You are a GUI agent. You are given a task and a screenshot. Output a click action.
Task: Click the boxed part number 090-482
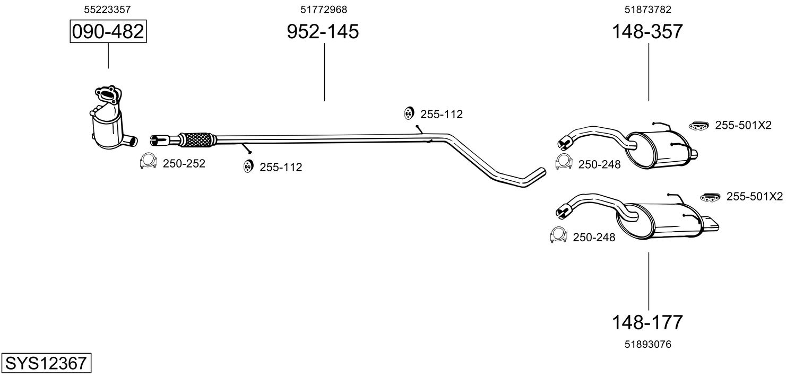[108, 32]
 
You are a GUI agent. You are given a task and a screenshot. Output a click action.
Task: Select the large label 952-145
[323, 32]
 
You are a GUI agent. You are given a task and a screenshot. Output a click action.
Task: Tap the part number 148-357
[647, 32]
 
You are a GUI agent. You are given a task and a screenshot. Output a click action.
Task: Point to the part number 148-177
[647, 322]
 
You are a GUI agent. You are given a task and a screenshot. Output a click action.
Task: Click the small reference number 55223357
[108, 9]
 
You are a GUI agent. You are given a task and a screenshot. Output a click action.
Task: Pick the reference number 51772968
[324, 9]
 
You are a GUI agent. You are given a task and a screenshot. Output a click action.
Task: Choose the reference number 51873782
[648, 9]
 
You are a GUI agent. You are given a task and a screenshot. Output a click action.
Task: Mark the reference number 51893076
[648, 345]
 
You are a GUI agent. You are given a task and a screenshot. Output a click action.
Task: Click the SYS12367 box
[45, 364]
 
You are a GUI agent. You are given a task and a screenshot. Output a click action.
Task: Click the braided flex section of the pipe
[198, 139]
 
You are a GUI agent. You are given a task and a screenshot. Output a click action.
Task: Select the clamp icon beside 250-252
[148, 162]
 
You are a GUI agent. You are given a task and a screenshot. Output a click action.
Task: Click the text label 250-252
[184, 164]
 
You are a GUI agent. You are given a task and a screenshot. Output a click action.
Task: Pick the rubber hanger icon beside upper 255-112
[409, 113]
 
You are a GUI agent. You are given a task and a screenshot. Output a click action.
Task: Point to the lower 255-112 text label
[281, 168]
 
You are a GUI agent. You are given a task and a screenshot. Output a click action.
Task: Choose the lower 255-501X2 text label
[754, 197]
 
